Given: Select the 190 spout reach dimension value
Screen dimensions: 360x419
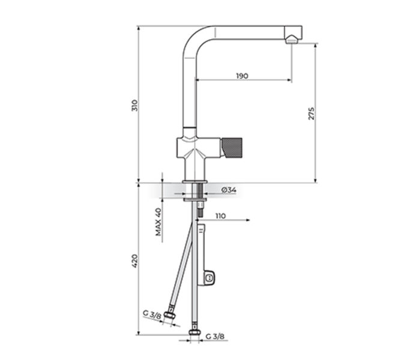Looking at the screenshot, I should tap(242, 76).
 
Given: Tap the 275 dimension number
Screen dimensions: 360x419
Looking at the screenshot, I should tap(311, 113).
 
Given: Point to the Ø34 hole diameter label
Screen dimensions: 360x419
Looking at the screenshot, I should tap(229, 190).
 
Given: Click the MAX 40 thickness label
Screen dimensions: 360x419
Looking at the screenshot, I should tap(158, 222).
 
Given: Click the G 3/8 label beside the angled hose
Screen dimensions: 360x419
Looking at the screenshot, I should tap(151, 313).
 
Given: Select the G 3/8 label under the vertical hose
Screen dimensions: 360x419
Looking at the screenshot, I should tap(215, 336).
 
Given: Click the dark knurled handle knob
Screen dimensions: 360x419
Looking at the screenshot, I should tap(232, 146).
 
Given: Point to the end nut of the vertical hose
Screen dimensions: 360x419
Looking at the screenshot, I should tap(194, 331).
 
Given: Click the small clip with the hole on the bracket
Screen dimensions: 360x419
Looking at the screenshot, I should tap(209, 277).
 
